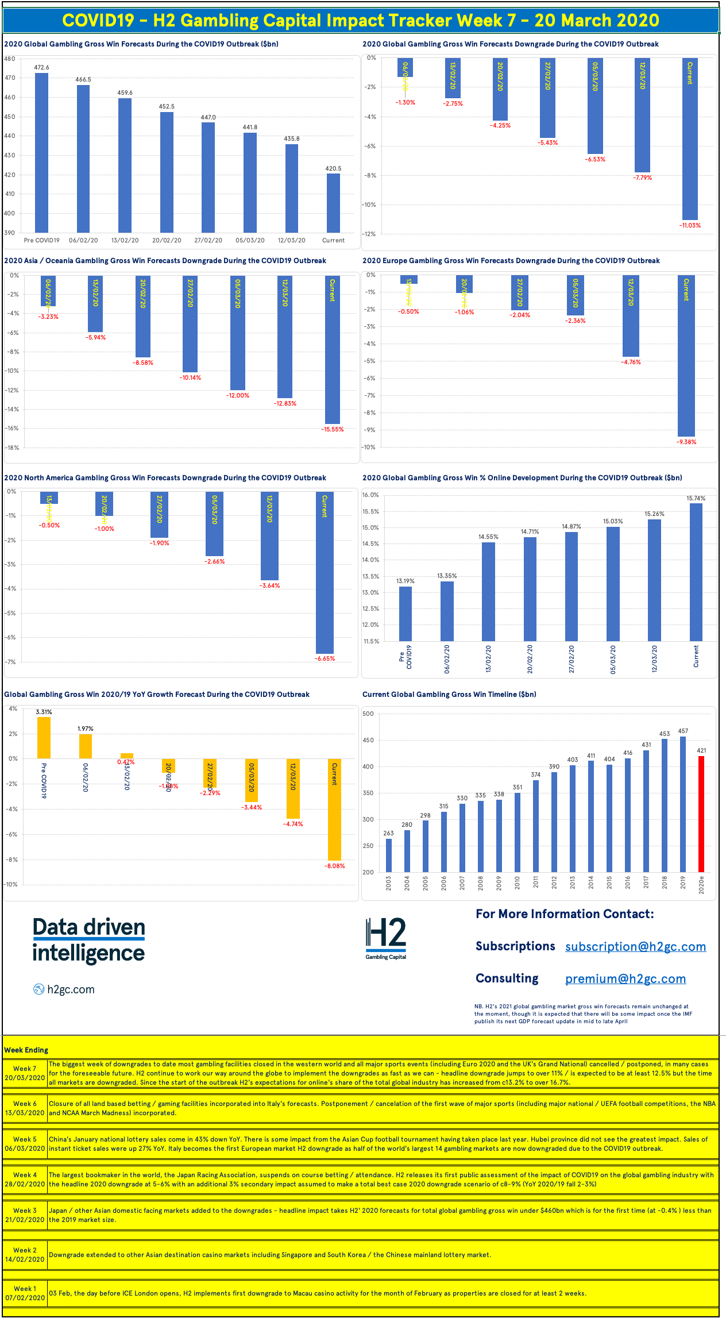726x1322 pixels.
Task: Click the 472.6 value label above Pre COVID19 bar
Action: (x=41, y=67)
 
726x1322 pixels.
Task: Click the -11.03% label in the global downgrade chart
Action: (x=690, y=225)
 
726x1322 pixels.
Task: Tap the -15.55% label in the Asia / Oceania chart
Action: (x=332, y=429)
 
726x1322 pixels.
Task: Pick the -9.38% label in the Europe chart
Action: (x=686, y=442)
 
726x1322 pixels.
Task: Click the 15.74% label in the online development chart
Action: (x=696, y=498)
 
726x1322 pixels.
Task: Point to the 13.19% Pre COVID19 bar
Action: (x=405, y=613)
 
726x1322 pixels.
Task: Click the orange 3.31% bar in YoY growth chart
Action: (x=44, y=737)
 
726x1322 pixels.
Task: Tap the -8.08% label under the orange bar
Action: (x=334, y=866)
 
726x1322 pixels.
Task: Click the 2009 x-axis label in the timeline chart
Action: (x=499, y=883)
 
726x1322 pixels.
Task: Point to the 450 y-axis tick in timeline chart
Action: (x=368, y=740)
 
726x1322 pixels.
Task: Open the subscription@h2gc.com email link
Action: (x=635, y=947)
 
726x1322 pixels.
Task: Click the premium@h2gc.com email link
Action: (x=625, y=979)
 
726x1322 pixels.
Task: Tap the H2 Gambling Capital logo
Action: (x=385, y=938)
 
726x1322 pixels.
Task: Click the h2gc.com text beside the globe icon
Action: (x=71, y=989)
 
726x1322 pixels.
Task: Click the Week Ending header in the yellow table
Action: (x=26, y=1050)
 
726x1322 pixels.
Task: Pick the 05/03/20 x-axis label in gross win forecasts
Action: (x=250, y=240)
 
